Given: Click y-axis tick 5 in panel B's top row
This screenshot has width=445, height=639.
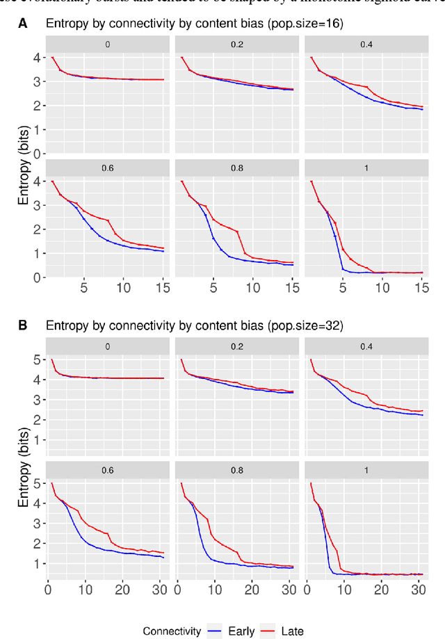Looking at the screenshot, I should pos(35,359).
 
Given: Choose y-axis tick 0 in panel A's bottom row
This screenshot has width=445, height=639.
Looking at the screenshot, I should pos(35,277).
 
